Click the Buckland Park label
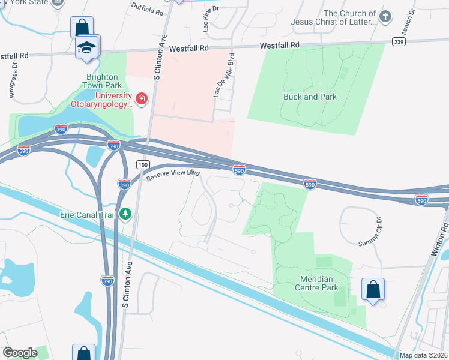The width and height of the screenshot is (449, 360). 310,97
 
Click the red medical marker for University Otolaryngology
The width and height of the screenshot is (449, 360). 142,98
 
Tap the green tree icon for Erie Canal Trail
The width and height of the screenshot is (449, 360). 125,214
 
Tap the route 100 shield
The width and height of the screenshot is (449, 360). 142,164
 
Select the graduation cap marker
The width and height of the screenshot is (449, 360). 87,47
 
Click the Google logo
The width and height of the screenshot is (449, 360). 21,353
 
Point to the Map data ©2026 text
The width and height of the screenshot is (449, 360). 423,355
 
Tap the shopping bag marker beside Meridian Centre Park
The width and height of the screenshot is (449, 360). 373,289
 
